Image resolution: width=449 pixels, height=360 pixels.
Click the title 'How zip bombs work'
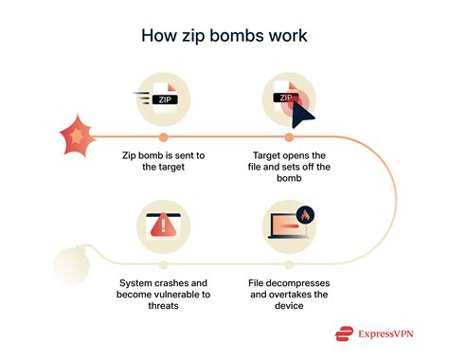(224, 36)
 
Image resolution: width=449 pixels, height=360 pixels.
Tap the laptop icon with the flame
(286, 225)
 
